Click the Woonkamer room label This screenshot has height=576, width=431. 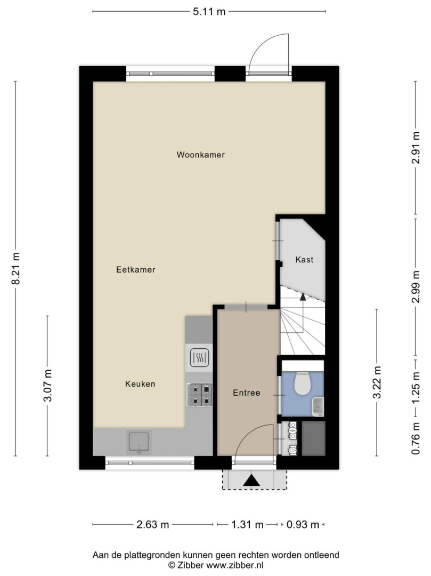pos(201,155)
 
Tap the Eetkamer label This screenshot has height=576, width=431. pos(136,270)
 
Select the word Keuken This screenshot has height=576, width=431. pos(140,384)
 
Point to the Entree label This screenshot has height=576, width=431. pos(247,393)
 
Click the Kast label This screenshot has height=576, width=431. pos(304,260)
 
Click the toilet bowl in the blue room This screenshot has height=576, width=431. pos(303,383)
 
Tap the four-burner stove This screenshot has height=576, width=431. pos(200,395)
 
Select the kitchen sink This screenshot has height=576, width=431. pos(139,442)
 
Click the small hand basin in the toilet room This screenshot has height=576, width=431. pos(318,406)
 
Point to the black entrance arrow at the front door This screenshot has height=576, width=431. pos(251,480)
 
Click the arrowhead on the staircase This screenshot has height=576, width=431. pos(303,297)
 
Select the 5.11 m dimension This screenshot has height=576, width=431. pos(209,11)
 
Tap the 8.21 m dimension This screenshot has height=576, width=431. pos(15,268)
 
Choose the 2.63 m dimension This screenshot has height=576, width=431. pos(152,525)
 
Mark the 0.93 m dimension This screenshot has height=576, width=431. pos(303,525)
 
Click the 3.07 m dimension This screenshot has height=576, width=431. pos(48,386)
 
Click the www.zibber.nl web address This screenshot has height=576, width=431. pos(235,565)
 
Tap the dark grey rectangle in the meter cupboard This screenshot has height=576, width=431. pos(314,438)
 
